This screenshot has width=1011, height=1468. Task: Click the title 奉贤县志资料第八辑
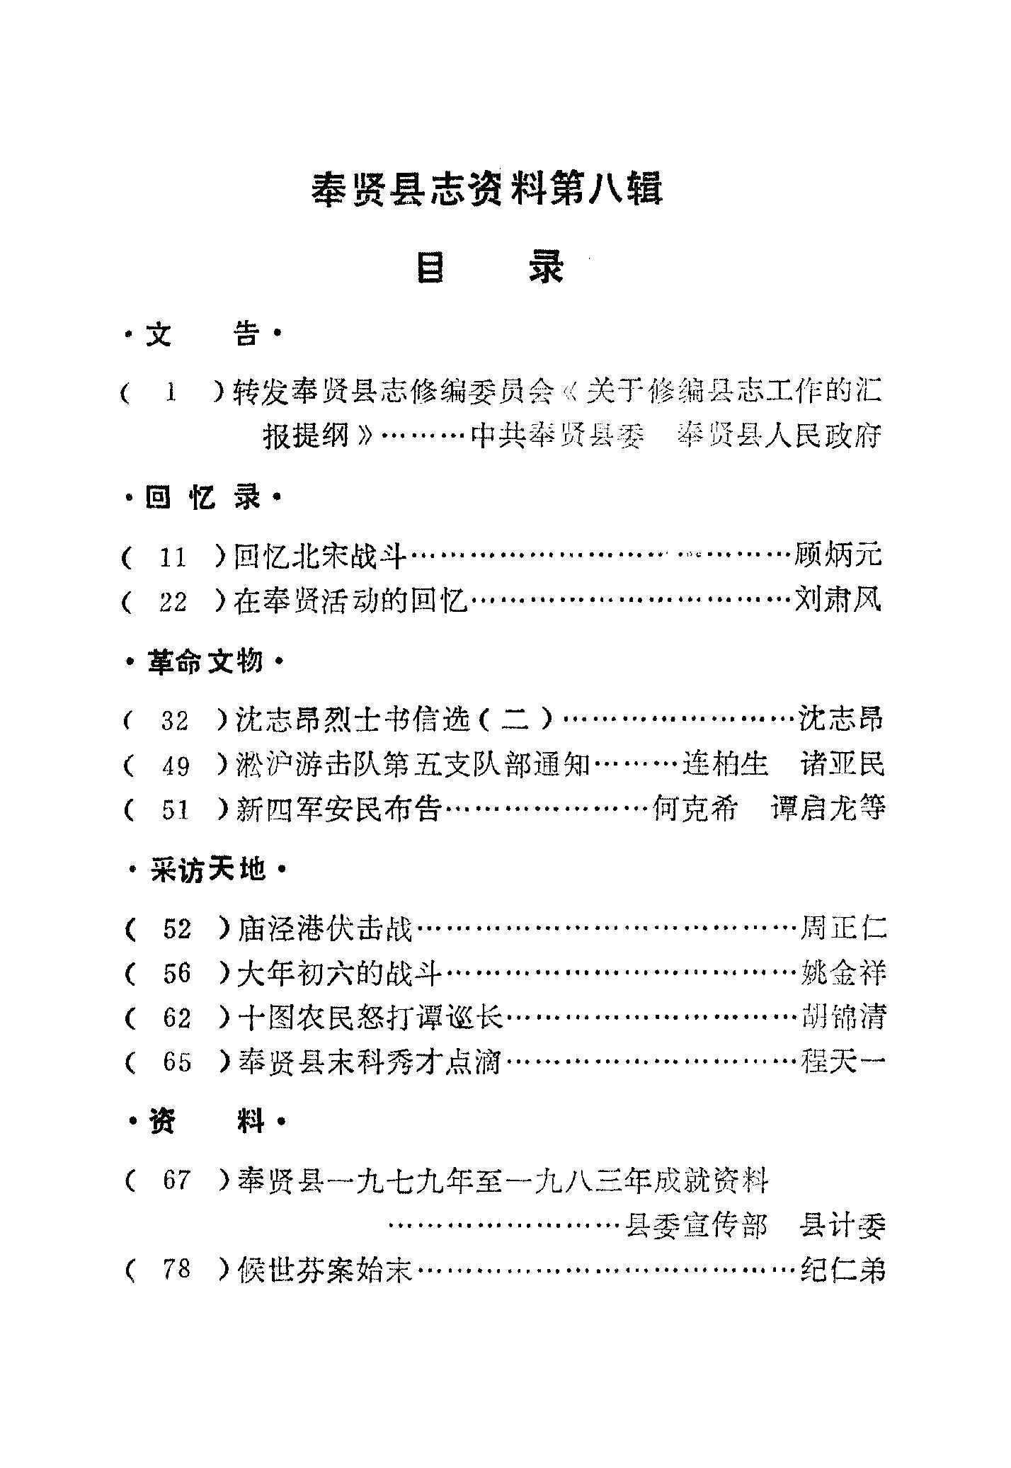(487, 190)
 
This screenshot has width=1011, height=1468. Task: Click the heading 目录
(490, 268)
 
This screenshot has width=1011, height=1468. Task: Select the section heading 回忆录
(202, 499)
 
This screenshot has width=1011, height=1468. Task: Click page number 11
(172, 558)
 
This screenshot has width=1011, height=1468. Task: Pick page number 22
(173, 603)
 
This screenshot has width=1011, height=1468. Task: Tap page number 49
(176, 766)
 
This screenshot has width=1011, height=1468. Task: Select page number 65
(177, 1062)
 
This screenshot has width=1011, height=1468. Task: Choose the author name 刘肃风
(840, 601)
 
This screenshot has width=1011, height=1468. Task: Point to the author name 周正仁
(842, 928)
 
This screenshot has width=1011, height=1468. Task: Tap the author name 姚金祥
(842, 973)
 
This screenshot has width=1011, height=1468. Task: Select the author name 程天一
(842, 1062)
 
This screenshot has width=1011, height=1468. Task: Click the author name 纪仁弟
(842, 1270)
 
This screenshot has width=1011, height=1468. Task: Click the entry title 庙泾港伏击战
(326, 928)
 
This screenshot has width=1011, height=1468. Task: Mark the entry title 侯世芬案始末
(326, 1270)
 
